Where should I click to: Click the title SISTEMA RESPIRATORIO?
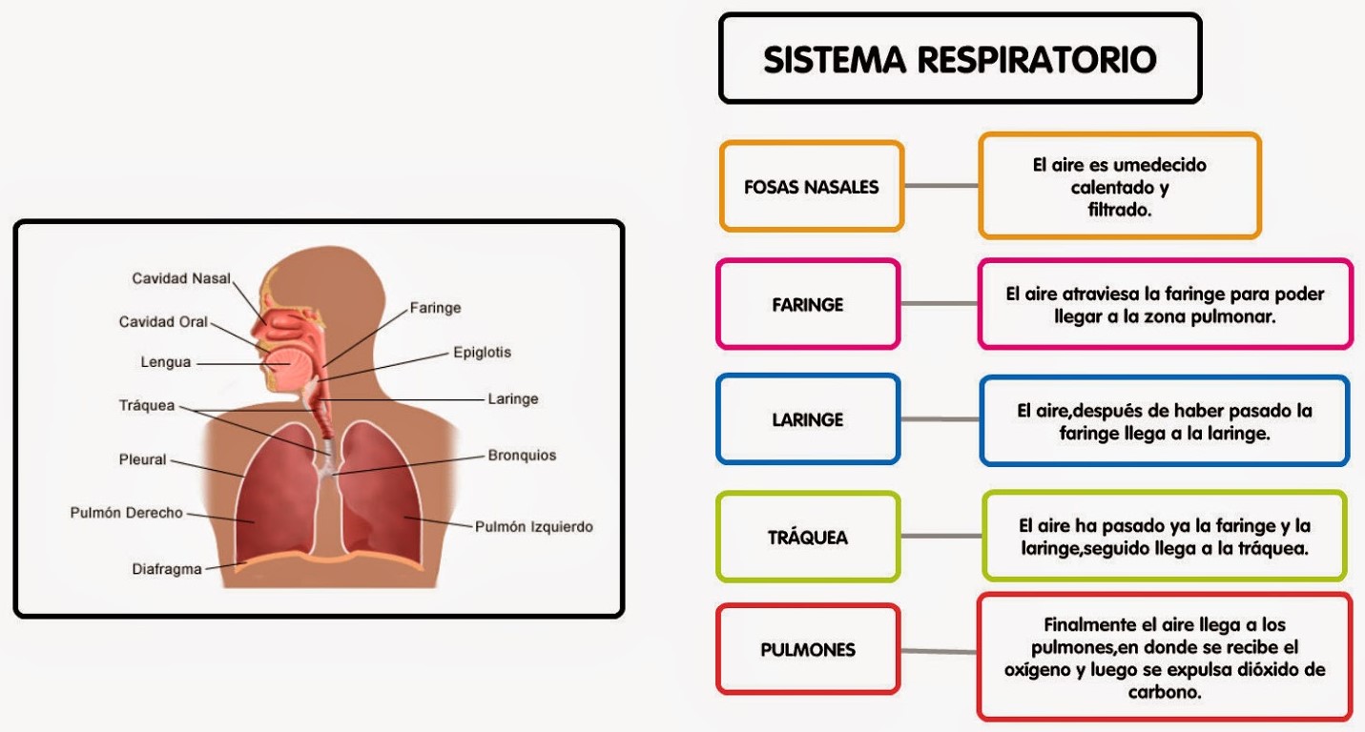tap(960, 59)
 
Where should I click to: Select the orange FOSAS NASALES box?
tap(812, 187)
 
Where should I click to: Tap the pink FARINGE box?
tap(808, 305)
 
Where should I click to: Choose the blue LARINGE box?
tap(808, 419)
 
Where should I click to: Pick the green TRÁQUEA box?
tap(808, 538)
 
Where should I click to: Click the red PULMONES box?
tap(808, 650)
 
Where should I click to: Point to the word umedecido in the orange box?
tap(1159, 165)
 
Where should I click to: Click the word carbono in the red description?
tap(1164, 692)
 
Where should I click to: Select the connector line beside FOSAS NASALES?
tap(941, 186)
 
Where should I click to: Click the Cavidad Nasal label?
tap(181, 278)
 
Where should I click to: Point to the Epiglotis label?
tap(482, 352)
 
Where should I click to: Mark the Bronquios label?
tap(522, 456)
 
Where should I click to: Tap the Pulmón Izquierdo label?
tap(534, 526)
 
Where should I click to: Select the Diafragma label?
tap(167, 569)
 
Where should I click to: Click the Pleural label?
tap(142, 459)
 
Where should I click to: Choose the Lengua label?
tap(166, 362)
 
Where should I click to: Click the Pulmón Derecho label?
tap(126, 513)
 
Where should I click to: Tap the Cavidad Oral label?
tap(163, 322)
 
